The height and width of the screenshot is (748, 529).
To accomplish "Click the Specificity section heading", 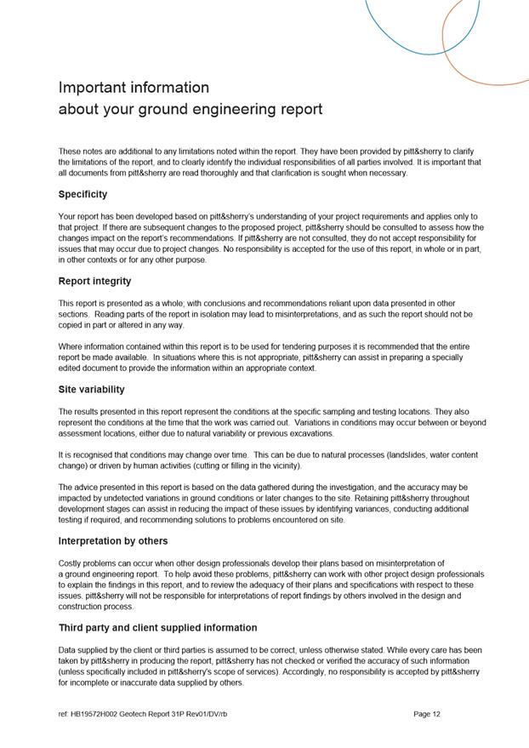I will [x=82, y=195].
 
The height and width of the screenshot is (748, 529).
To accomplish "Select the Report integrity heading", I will [x=94, y=282].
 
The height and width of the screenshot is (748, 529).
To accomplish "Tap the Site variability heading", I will [x=91, y=390].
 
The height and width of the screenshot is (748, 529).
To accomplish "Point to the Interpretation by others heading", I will [x=113, y=541].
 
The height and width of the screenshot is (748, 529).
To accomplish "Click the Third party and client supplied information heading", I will [x=157, y=628].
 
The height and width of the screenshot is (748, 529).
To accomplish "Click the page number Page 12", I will [x=426, y=715].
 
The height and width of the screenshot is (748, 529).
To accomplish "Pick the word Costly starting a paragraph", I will [x=71, y=563].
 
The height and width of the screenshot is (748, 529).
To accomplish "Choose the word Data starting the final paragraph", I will [x=67, y=650].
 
